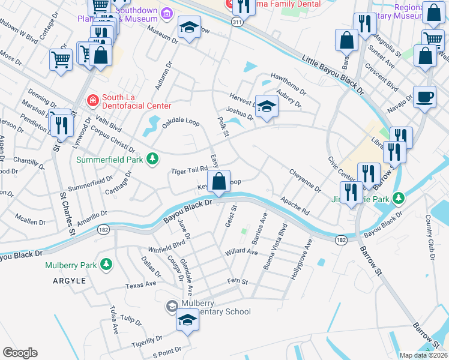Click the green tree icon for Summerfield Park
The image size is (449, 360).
click(x=154, y=158)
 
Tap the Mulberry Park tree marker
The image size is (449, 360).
click(x=106, y=264)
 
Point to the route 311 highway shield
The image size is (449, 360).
click(x=238, y=22)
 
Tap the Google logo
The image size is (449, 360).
click(x=20, y=352)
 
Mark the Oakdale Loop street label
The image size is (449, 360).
click(x=181, y=122)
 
